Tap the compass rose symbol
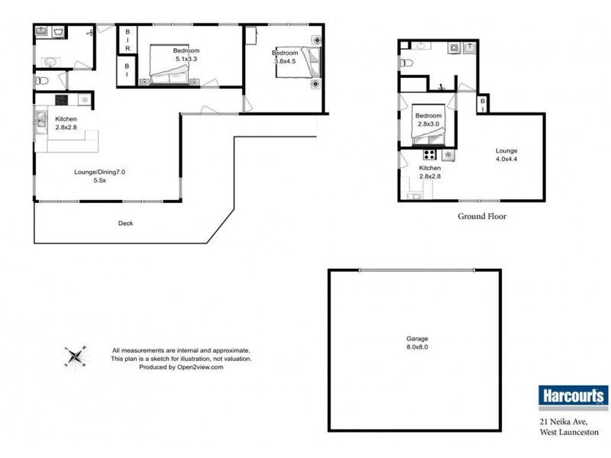click(75, 356)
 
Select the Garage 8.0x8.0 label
click(417, 343)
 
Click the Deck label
click(125, 223)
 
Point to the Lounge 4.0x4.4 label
click(506, 155)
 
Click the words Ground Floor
click(482, 217)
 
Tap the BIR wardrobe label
click(128, 40)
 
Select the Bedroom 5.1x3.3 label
click(186, 54)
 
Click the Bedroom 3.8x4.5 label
click(285, 56)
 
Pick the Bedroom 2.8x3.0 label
click(428, 120)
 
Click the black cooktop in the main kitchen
click(62, 100)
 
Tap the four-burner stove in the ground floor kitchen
click(430, 155)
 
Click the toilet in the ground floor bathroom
click(406, 63)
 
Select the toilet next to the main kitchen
click(42, 81)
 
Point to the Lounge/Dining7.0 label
click(100, 172)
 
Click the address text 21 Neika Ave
click(564, 422)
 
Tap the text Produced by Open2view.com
click(181, 367)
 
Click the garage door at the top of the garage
click(417, 270)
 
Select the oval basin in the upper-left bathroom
click(50, 62)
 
